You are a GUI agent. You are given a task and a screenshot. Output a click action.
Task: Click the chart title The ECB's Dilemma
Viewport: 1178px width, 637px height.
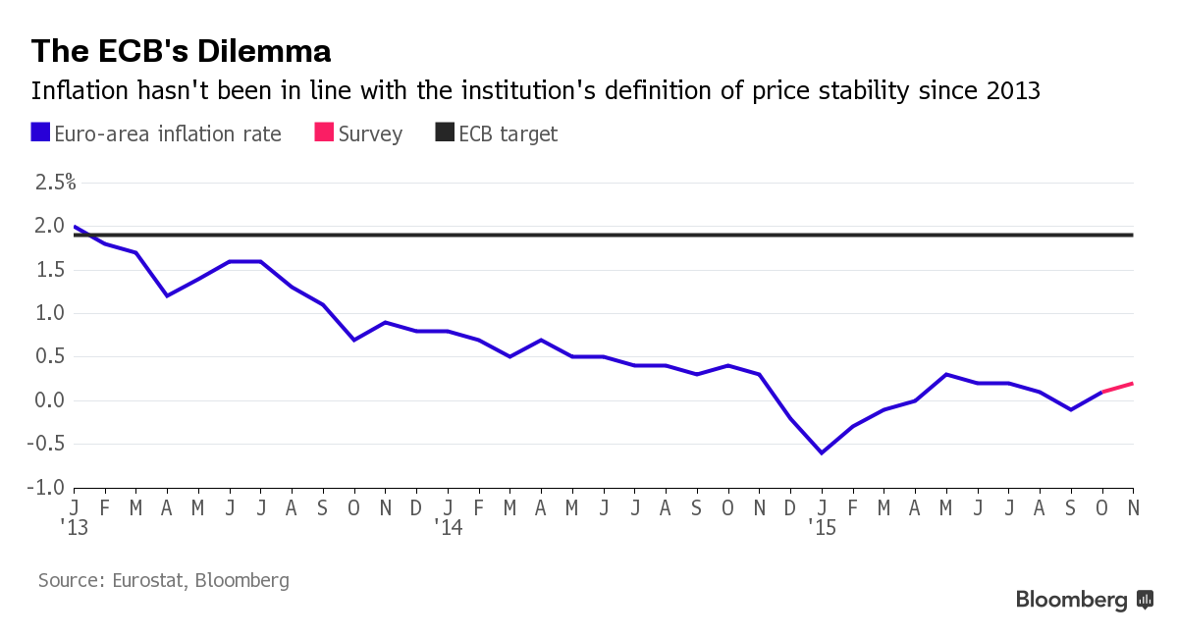coord(181,50)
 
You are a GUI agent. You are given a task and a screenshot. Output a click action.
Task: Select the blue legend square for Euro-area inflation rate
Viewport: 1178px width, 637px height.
coord(41,133)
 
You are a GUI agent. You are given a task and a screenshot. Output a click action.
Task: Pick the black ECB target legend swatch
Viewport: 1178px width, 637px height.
coord(445,133)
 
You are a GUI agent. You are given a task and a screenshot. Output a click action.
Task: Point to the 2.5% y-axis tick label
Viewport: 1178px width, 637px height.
coord(55,183)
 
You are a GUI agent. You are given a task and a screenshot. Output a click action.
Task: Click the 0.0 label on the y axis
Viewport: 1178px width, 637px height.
coord(50,400)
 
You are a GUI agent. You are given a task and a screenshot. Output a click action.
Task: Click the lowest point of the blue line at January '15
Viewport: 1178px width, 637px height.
coord(822,452)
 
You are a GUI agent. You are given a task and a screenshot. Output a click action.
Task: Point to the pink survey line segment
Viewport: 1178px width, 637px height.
coord(1118,387)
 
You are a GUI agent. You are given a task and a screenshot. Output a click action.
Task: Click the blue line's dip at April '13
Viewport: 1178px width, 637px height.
coord(167,295)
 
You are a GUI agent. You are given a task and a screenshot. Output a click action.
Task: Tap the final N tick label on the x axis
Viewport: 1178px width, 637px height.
coord(1133,506)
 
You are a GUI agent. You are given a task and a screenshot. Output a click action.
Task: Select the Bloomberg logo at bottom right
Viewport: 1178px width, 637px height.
coord(1084,600)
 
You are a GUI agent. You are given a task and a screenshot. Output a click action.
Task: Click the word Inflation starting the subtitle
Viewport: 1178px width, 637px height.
coord(76,91)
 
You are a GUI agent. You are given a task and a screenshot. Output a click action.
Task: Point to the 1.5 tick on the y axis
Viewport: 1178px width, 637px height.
coord(50,270)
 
